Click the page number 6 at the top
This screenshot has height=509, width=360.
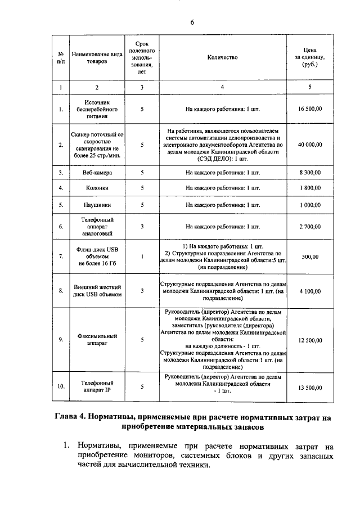[192, 22]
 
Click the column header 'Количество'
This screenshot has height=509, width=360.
[222, 57]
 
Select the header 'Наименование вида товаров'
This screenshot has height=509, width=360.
[97, 57]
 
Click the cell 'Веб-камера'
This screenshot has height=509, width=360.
[97, 172]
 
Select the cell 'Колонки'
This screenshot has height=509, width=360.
[97, 188]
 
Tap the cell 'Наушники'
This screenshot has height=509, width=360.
[97, 205]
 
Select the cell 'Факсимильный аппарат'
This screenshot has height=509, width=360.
[97, 339]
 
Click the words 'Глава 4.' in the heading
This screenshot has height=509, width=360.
[75, 417]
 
